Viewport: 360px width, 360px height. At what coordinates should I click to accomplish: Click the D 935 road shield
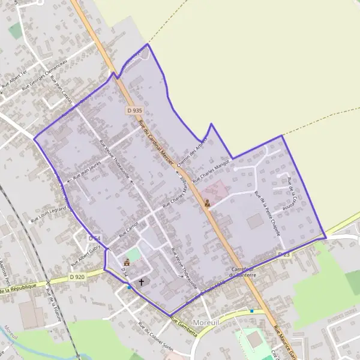pos(134,110)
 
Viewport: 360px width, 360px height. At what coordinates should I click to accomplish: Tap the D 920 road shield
pos(76,277)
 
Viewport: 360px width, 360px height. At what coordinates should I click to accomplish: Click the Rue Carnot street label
pos(129,228)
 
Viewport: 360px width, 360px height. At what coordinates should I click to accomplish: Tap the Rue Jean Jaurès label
pos(87,169)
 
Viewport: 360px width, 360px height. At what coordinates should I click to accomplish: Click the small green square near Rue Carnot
pos(135,254)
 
